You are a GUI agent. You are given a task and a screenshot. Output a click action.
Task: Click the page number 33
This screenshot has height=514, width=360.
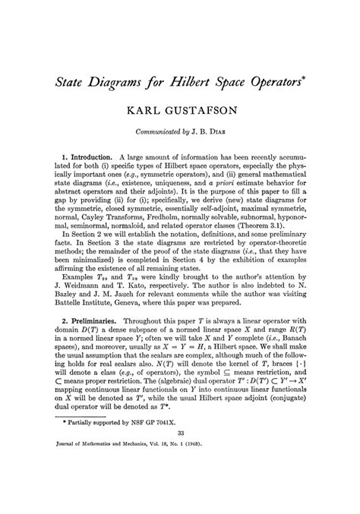[x=181, y=475]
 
